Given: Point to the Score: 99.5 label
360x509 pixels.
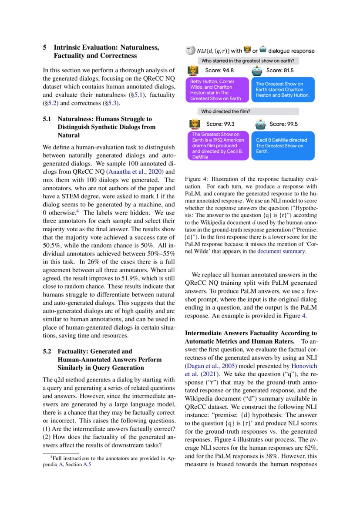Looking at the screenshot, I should click(283, 124).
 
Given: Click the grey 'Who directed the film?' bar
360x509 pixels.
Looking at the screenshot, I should click(248, 111).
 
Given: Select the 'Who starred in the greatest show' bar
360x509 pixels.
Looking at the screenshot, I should click(248, 61).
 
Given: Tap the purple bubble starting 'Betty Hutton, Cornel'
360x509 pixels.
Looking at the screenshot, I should click(217, 90).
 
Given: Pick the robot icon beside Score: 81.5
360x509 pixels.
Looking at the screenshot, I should click(257, 70).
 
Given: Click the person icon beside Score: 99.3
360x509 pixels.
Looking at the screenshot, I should click(193, 124).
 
